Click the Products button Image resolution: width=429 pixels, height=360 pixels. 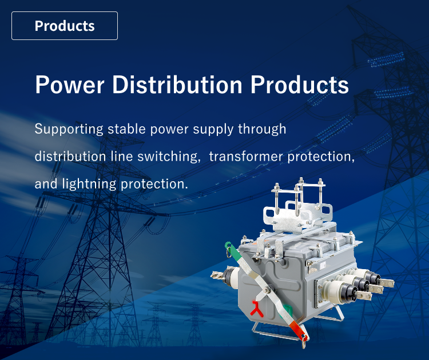click(65, 26)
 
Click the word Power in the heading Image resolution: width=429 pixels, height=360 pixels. click(69, 85)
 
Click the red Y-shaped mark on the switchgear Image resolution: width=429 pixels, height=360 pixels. click(255, 308)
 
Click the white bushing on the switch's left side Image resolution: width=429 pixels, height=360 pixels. click(231, 279)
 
